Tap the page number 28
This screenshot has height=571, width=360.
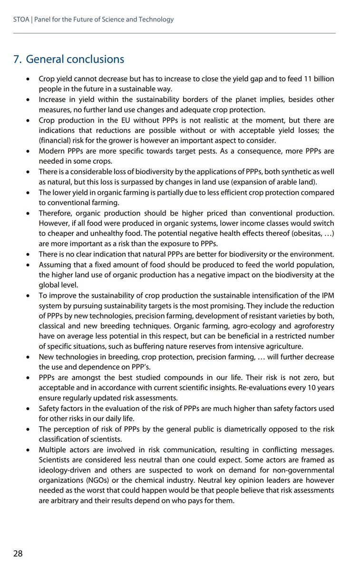(x=18, y=553)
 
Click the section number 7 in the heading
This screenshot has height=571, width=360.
(x=17, y=59)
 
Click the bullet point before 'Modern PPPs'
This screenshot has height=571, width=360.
(x=29, y=151)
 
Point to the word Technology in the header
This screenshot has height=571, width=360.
(x=157, y=20)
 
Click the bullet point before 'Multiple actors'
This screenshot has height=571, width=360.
(x=29, y=450)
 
